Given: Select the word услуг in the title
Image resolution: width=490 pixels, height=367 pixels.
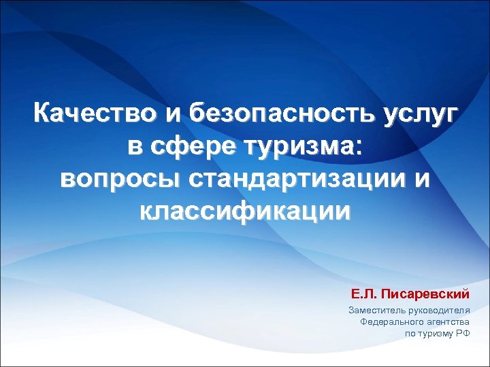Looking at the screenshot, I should [x=419, y=113].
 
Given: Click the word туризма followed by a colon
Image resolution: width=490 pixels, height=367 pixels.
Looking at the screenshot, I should [x=304, y=146].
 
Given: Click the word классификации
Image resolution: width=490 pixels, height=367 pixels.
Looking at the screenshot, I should [x=245, y=212].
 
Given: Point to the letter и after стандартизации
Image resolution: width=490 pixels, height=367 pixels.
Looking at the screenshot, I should [x=423, y=179].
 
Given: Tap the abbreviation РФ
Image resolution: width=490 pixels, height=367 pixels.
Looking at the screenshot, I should [x=463, y=334].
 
